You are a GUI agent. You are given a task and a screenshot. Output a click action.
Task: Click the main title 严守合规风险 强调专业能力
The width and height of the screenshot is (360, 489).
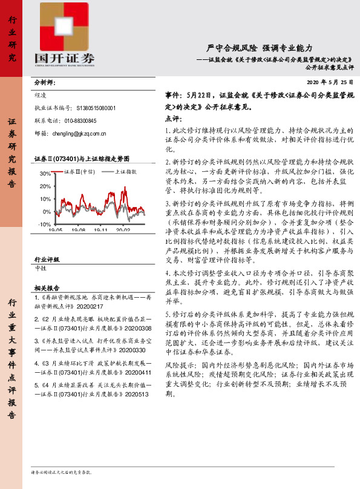pyautogui.click(x=259, y=47)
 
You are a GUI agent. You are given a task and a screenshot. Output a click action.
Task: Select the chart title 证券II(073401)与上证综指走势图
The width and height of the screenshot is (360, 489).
pyautogui.click(x=82, y=159)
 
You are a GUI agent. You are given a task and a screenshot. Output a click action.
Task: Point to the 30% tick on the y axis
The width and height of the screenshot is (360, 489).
pyautogui.click(x=44, y=174)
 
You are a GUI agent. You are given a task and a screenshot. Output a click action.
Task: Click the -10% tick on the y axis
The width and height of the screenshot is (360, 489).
pyautogui.click(x=44, y=225)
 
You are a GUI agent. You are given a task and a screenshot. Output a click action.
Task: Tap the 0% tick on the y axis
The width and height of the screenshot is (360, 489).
pyautogui.click(x=47, y=212)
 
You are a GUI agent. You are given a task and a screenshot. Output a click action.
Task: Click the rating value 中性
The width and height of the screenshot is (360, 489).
pyautogui.click(x=41, y=267)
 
